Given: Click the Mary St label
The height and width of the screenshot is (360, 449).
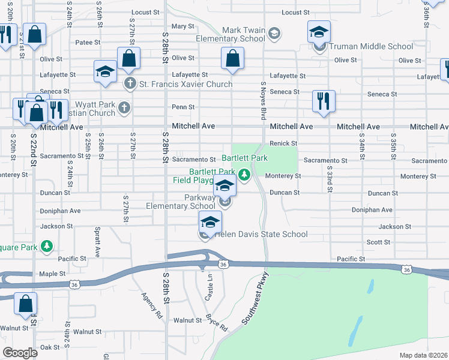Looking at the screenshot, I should point(183,26).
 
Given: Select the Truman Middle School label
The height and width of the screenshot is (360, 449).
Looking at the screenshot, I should point(371,46).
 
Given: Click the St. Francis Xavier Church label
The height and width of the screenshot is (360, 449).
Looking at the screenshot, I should point(185,84).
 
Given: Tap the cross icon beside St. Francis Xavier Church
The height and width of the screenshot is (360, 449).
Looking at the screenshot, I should point(129,83).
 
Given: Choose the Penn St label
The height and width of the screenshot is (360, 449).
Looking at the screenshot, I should point(183,107).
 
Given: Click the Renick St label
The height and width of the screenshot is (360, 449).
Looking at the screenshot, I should point(283,143).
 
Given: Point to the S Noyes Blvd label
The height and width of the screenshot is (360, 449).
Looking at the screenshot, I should point(263,101).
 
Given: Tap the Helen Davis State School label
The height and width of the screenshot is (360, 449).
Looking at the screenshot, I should point(261,235).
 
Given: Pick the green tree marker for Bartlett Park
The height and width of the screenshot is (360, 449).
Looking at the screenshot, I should point(244,175).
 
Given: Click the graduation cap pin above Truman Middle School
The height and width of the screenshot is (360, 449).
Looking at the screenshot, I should point(319,32).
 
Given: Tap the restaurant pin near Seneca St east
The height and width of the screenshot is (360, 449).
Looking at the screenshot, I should point(324,101).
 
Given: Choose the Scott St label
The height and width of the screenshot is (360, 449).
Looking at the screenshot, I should point(378,242).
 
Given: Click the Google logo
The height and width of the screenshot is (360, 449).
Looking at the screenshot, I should point(20,353).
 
